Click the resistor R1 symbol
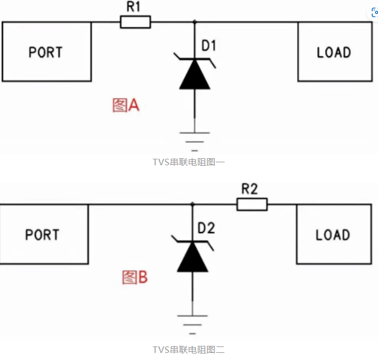(135, 22)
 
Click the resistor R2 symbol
(252, 205)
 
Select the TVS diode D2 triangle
(193, 257)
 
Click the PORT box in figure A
(46, 52)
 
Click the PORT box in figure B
(43, 234)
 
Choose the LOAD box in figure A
(334, 52)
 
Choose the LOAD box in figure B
(333, 234)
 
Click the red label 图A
(125, 106)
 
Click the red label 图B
(135, 277)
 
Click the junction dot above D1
(195, 22)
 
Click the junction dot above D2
(193, 205)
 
